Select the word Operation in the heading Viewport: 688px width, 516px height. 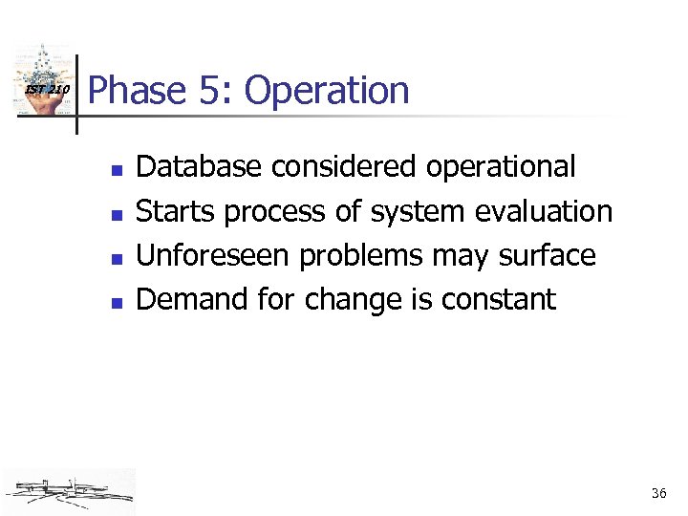coord(327,92)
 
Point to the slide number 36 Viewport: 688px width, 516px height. coord(658,494)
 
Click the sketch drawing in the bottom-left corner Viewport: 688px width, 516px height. coord(69,491)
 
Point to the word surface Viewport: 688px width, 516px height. coord(548,255)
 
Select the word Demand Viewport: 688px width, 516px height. coord(190,299)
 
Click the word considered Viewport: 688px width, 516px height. coord(343,166)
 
